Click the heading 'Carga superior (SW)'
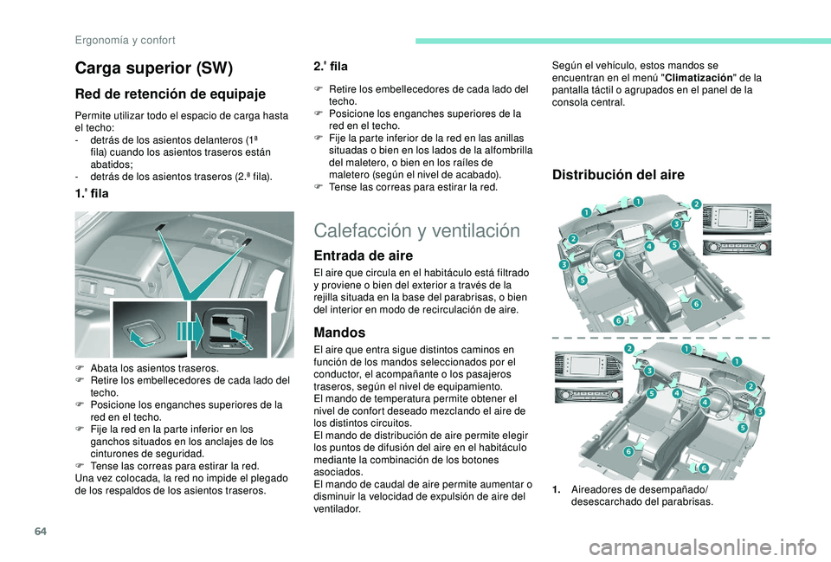154,68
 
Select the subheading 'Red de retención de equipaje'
171,94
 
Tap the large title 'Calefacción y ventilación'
416,230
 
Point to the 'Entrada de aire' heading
363,255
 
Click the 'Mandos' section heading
339,333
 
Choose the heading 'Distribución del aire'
618,175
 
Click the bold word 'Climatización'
699,78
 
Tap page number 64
41,531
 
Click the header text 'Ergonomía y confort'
125,41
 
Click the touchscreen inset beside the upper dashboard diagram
737,219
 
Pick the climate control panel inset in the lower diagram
589,395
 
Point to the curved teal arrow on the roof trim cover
143,338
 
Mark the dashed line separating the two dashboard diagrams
660,337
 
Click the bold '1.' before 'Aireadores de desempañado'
556,489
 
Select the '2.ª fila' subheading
331,67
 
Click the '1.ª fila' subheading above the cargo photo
92,193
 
